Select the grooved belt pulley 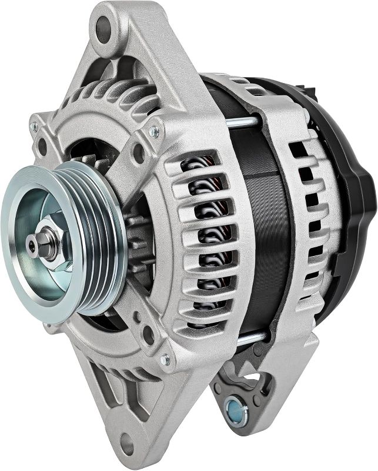click(x=88, y=235)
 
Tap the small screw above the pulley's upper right click(x=154, y=131)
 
